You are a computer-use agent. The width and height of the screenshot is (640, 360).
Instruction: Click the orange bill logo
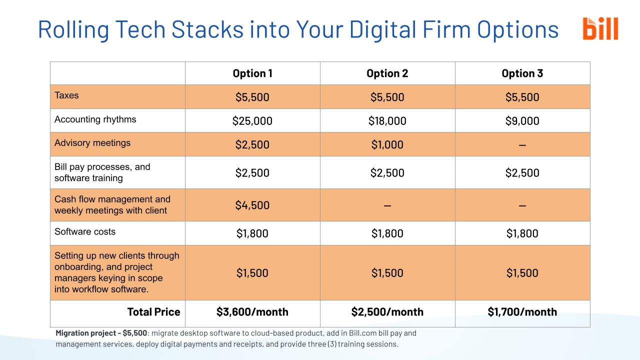click(x=600, y=28)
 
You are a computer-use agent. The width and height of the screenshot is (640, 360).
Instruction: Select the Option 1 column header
click(x=252, y=73)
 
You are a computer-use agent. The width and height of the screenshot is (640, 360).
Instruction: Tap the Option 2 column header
click(x=387, y=73)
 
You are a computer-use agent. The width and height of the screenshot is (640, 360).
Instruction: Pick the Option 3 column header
click(x=522, y=73)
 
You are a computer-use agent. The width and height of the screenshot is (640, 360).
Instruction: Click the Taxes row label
click(x=66, y=95)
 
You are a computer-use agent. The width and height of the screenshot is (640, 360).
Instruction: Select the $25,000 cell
click(x=252, y=121)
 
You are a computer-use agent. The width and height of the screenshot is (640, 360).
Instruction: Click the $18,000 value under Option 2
click(x=387, y=121)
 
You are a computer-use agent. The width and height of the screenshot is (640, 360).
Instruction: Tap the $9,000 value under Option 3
click(x=522, y=121)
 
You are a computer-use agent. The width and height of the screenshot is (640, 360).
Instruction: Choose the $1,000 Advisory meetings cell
click(x=387, y=145)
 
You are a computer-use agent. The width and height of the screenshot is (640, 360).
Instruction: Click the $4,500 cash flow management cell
click(x=252, y=205)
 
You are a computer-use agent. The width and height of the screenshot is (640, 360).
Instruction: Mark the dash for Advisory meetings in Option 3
click(x=522, y=145)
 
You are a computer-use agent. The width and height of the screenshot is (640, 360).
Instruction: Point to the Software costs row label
click(x=85, y=232)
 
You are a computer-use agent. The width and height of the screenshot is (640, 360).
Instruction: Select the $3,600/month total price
click(x=252, y=312)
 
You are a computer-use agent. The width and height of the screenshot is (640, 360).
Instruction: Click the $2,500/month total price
click(x=387, y=312)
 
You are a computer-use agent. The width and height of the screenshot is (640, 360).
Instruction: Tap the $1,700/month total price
click(x=522, y=312)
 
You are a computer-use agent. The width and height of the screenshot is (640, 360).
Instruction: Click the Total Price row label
click(x=153, y=312)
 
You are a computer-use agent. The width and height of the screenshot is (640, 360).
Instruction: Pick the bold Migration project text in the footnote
click(x=101, y=333)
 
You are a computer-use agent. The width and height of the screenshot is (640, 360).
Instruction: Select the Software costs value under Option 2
click(x=387, y=233)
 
